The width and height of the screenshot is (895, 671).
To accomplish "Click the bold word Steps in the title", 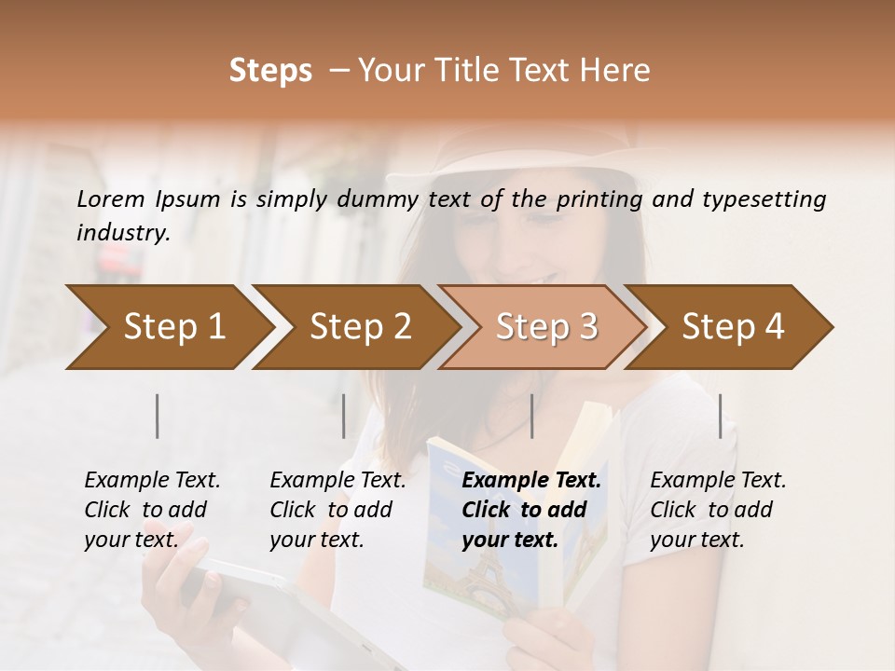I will pyautogui.click(x=270, y=71).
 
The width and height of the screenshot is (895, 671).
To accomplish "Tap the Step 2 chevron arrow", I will pyautogui.click(x=354, y=327).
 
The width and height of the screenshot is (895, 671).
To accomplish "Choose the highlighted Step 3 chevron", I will pyautogui.click(x=541, y=327).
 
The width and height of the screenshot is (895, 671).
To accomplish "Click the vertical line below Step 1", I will pyautogui.click(x=158, y=416).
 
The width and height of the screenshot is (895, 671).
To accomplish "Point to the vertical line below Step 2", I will pyautogui.click(x=344, y=416).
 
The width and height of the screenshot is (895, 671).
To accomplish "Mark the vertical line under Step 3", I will pyautogui.click(x=532, y=416).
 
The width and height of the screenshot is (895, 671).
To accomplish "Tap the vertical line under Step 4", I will pyautogui.click(x=721, y=416).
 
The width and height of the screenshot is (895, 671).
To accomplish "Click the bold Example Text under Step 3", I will pyautogui.click(x=531, y=481).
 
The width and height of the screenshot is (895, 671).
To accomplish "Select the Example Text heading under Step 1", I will pyautogui.click(x=152, y=481).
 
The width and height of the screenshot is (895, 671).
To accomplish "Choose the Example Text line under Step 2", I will pyautogui.click(x=337, y=481).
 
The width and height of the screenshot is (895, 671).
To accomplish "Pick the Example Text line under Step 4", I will pyautogui.click(x=718, y=481).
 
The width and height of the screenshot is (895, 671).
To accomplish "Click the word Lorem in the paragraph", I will pyautogui.click(x=110, y=199).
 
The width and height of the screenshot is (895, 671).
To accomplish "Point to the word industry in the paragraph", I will pyautogui.click(x=122, y=233).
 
